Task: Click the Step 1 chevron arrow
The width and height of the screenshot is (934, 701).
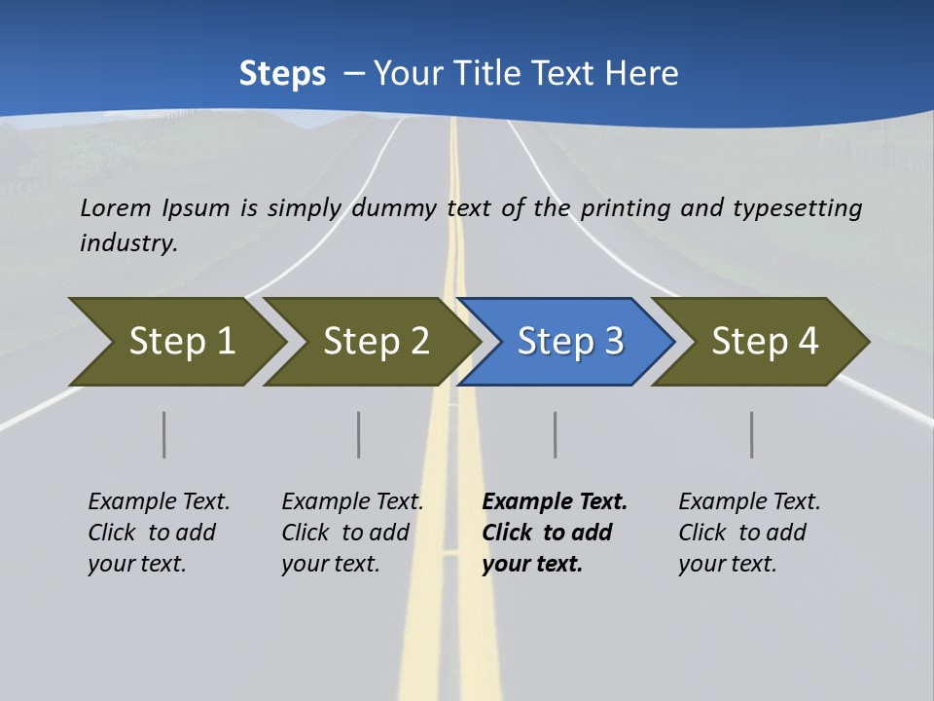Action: [x=181, y=342]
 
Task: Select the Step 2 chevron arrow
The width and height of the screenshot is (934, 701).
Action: [x=376, y=342]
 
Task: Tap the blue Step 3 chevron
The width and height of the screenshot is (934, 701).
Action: [x=570, y=342]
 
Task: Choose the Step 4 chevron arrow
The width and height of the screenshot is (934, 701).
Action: [x=765, y=342]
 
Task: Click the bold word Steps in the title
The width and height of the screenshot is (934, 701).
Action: [x=282, y=74]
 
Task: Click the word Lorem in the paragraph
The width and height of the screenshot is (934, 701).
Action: [x=116, y=207]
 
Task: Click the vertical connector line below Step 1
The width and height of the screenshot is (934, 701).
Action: [x=164, y=434]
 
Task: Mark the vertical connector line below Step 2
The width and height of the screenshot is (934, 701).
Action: [x=359, y=434]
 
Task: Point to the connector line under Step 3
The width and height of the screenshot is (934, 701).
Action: [x=556, y=434]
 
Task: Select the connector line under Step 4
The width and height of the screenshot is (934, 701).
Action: [x=752, y=434]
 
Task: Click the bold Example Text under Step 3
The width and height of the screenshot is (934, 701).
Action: [x=555, y=502]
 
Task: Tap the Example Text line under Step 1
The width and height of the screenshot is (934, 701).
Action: [x=159, y=502]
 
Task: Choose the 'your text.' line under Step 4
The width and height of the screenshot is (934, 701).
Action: [x=727, y=565]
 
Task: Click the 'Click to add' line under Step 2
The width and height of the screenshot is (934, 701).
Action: [x=345, y=534]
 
